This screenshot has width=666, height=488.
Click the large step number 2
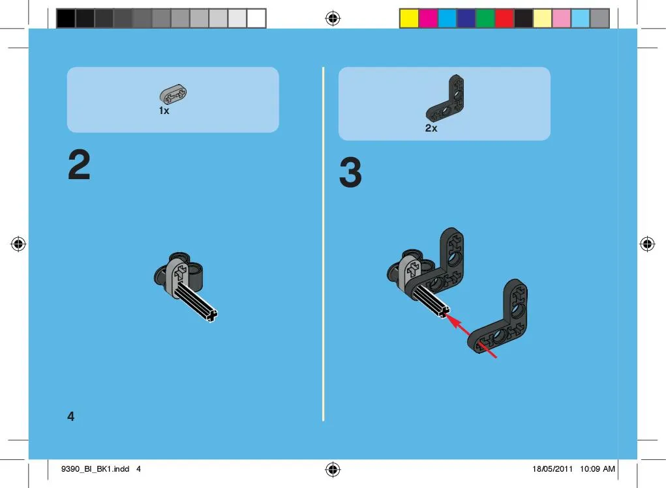(79, 164)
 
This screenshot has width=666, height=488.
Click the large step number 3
(350, 172)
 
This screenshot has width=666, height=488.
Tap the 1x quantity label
(164, 111)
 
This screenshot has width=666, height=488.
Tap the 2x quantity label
(431, 128)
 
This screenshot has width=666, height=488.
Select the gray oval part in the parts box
(173, 94)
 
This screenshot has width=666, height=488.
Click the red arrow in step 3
(472, 336)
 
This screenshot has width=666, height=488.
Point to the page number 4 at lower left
(71, 416)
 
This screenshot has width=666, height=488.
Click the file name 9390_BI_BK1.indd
(95, 469)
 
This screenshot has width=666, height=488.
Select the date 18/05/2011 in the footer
(552, 469)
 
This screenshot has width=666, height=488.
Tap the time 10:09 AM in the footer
(598, 469)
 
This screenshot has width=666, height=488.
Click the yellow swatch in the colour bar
(409, 19)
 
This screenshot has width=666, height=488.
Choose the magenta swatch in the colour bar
(428, 19)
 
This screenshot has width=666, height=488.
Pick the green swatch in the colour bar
(485, 19)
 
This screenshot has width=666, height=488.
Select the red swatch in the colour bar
(504, 19)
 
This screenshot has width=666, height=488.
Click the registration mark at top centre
(333, 18)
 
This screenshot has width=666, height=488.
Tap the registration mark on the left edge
(18, 244)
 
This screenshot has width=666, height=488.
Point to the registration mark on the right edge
(647, 244)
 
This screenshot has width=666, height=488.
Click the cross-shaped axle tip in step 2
(211, 315)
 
